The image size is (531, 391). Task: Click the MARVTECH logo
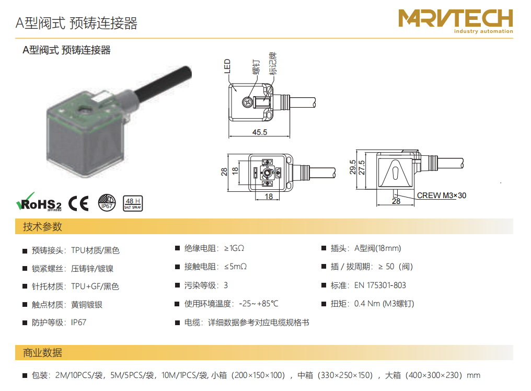[x=456, y=21]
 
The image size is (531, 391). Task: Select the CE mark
[x=78, y=203]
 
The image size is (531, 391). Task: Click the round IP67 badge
[x=107, y=203]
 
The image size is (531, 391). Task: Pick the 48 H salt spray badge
[x=132, y=203]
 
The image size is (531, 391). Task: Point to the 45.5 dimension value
[x=260, y=132]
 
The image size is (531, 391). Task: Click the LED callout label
[x=227, y=66]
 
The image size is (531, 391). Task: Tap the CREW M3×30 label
[x=441, y=195]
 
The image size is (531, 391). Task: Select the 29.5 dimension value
[x=353, y=167]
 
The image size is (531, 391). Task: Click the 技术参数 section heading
[x=42, y=227]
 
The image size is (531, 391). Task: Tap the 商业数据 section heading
[x=42, y=353]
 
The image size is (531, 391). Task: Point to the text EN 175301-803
[x=380, y=285]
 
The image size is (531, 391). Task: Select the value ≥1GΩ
[x=234, y=248]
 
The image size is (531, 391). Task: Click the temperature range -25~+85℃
[x=259, y=304]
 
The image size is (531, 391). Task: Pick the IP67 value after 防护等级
[x=78, y=322]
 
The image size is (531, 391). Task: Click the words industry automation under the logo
[x=483, y=31]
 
